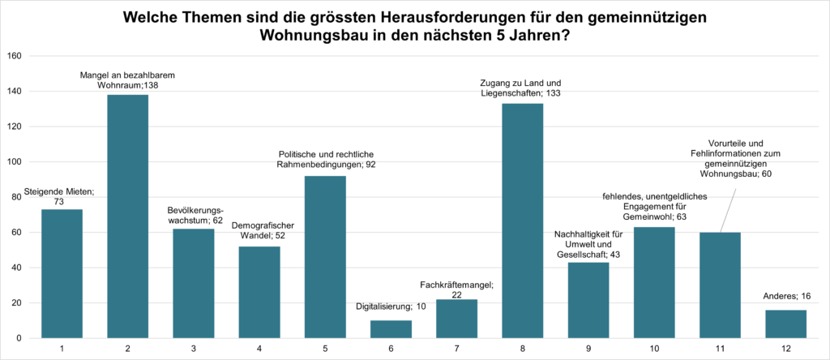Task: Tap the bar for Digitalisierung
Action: coord(391,329)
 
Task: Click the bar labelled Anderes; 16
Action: coord(785,324)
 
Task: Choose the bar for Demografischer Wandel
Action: coord(259,292)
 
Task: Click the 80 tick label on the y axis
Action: coord(16,197)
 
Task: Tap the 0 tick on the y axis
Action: coord(19,338)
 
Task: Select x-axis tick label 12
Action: coord(785,349)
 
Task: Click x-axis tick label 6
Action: coord(391,349)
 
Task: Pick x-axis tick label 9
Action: coord(588,349)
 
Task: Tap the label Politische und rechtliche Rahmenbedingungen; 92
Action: coord(327,159)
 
